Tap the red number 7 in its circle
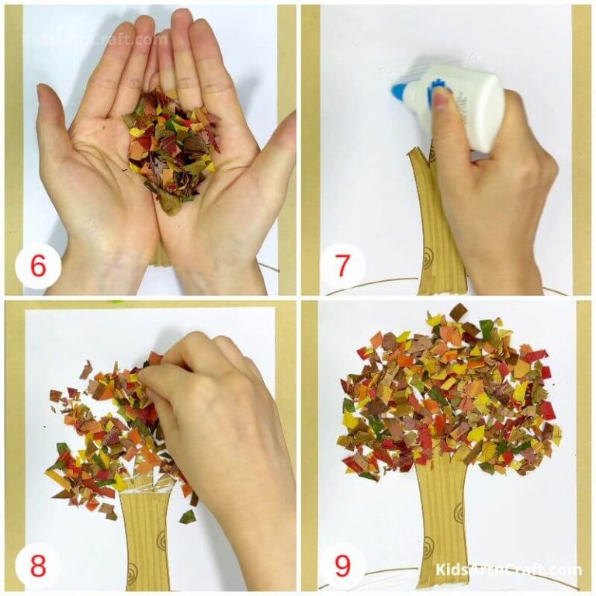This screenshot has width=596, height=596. tap(342, 266)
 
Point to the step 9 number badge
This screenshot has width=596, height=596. tap(342, 564)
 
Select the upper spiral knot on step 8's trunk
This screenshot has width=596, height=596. tap(161, 537)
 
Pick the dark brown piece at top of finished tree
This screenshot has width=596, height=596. tap(459, 312)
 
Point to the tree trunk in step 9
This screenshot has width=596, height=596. tap(442, 520)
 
